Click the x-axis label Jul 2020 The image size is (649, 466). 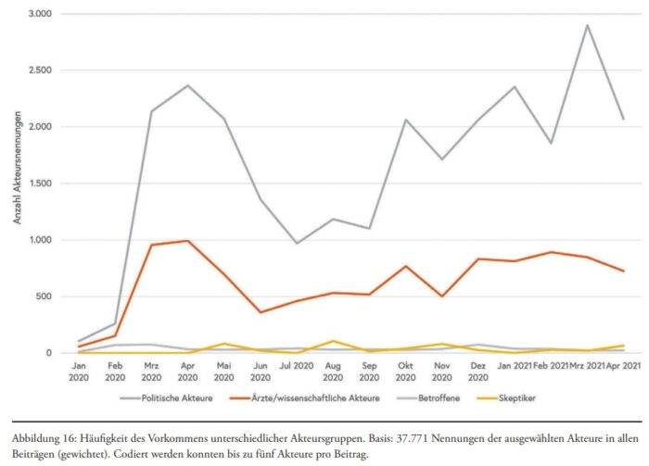(x=295, y=367)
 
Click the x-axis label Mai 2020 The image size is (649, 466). (x=223, y=372)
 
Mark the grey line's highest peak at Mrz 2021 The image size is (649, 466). (x=587, y=26)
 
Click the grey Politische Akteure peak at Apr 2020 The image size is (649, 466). (x=188, y=86)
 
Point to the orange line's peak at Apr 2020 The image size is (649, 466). (x=188, y=241)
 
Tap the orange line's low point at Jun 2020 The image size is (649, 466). (x=261, y=312)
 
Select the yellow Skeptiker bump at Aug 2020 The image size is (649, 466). (x=334, y=341)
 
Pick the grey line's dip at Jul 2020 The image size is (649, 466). (x=297, y=244)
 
